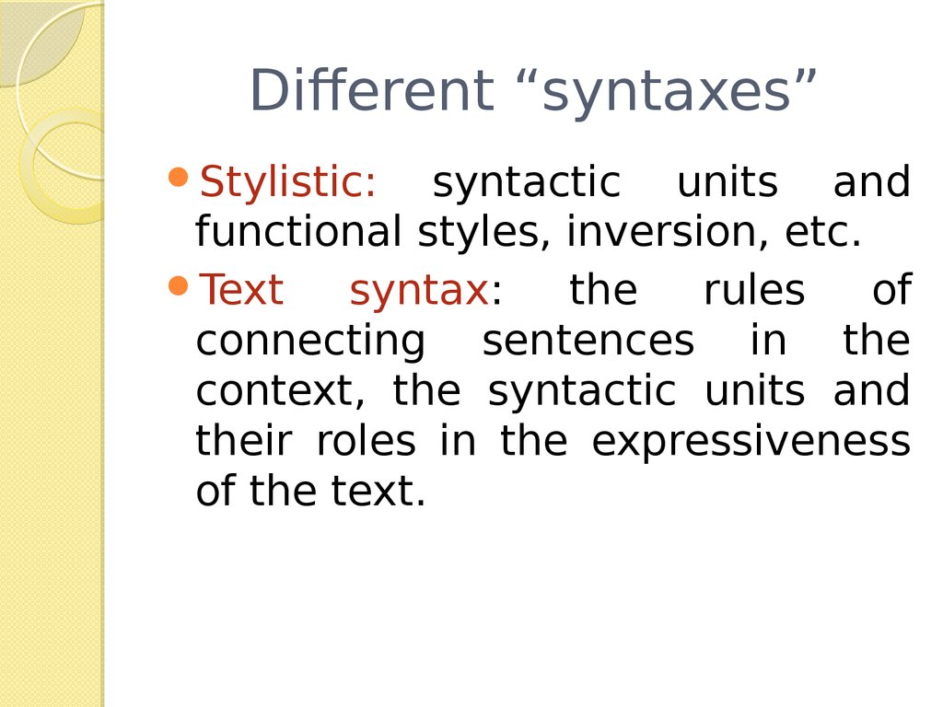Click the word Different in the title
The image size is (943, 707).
pos(371,90)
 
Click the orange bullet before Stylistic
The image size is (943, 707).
pos(179,178)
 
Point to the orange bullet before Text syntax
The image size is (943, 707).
pos(179,285)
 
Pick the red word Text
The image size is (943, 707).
pos(241,290)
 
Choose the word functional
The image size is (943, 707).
pos(298,231)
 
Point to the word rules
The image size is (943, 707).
pos(754,290)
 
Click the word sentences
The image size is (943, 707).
pos(588,342)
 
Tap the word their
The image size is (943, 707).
pos(244,440)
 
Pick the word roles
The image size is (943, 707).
pos(367,440)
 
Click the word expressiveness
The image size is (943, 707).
pos(751,444)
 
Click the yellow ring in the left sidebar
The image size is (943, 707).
pos(32,166)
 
